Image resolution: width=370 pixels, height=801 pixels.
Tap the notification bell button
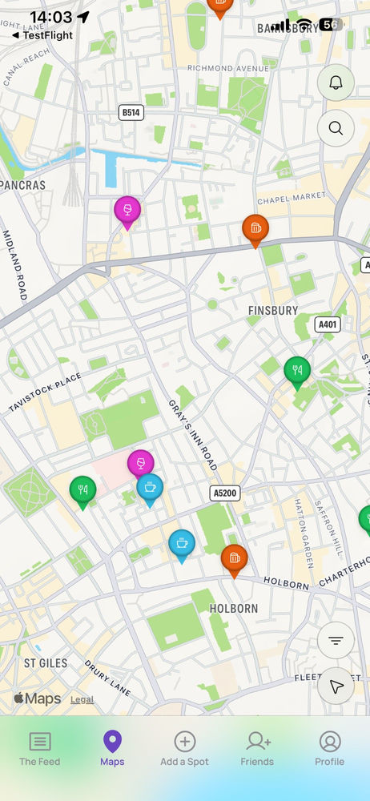(x=336, y=83)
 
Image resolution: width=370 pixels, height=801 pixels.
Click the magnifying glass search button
(x=336, y=127)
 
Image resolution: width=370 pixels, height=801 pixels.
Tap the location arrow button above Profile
(x=336, y=686)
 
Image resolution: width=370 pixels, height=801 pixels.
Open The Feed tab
(x=40, y=749)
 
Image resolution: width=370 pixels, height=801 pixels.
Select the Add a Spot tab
(x=185, y=749)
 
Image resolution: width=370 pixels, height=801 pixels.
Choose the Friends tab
(x=257, y=749)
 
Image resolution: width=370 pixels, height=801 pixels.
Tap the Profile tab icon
(x=330, y=749)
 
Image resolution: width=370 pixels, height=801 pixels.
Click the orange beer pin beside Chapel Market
(x=255, y=229)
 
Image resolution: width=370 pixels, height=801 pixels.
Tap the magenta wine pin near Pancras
(x=127, y=211)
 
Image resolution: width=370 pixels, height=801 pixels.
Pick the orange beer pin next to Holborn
(x=234, y=558)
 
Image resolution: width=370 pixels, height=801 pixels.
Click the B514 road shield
(x=131, y=113)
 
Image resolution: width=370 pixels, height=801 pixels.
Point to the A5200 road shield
(x=224, y=493)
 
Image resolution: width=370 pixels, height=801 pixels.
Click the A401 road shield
(x=327, y=324)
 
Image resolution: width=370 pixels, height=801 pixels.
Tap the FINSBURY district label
(x=272, y=310)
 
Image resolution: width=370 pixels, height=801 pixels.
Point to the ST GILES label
(x=46, y=663)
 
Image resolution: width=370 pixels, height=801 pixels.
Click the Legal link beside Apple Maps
(x=82, y=699)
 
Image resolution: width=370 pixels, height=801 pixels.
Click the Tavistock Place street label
(x=46, y=392)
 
